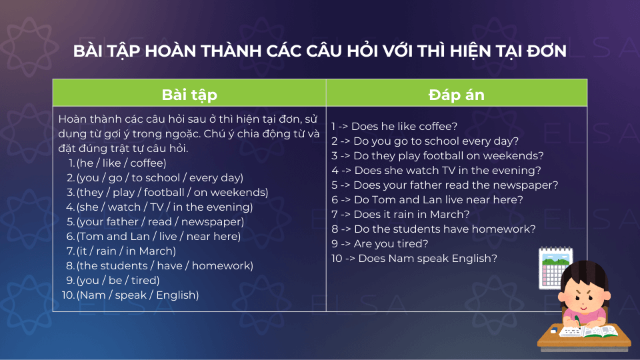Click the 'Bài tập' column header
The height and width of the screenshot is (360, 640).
coord(189,95)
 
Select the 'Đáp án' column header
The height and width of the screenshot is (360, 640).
coord(456,95)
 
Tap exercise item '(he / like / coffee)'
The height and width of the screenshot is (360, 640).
coord(121,163)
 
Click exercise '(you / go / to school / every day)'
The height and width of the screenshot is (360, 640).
coord(159,177)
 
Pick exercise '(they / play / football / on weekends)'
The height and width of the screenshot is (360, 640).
coord(172,192)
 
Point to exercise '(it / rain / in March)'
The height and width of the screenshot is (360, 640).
coord(126,251)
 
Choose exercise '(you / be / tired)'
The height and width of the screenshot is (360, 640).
coord(118,281)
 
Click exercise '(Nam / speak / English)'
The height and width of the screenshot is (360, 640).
coord(137,295)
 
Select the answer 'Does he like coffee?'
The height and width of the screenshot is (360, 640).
coord(404,126)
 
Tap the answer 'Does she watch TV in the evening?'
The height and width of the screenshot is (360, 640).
coord(447,170)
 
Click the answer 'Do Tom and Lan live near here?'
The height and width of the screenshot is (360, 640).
coord(438,199)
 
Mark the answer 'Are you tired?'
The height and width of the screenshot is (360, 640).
coord(391,244)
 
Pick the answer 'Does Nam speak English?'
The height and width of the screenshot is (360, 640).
coord(428,259)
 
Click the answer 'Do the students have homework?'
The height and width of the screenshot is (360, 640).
coord(445,229)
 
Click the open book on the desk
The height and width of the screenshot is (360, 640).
coord(588,331)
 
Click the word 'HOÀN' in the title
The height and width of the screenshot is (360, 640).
coord(170,51)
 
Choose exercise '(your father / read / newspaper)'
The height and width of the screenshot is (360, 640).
coord(160,221)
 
